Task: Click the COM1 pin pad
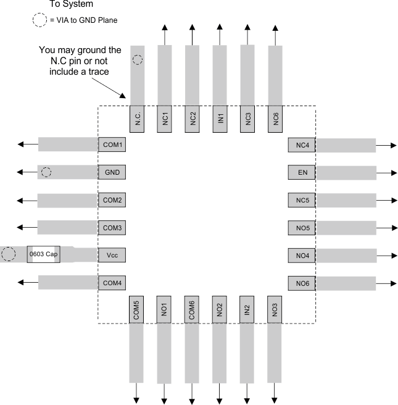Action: click(x=112, y=145)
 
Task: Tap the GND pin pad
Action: click(x=112, y=172)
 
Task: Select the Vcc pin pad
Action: click(x=112, y=254)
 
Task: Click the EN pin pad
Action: click(x=302, y=172)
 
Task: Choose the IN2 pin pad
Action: click(x=247, y=310)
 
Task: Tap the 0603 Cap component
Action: click(x=44, y=254)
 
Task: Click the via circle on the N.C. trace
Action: click(x=138, y=60)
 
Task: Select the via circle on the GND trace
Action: click(x=46, y=172)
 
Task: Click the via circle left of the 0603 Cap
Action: click(x=9, y=254)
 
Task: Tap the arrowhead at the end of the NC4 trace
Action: click(x=393, y=145)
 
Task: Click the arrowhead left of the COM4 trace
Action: click(x=22, y=282)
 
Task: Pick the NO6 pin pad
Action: click(x=302, y=283)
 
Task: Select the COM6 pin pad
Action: click(x=193, y=310)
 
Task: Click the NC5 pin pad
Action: click(x=302, y=200)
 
